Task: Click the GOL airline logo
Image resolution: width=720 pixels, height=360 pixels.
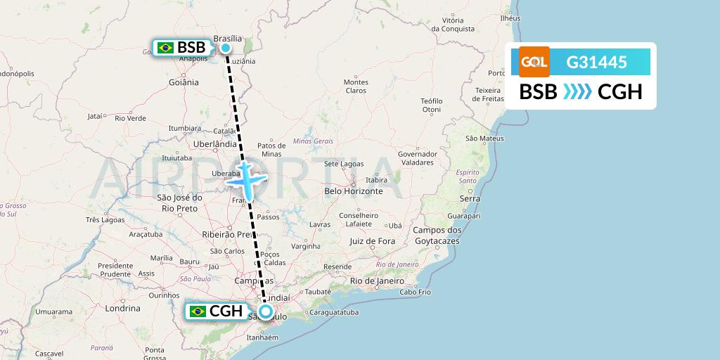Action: click(534, 62)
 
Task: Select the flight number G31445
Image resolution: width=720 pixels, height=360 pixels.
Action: click(596, 63)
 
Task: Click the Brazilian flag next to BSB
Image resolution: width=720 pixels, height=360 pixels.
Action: click(166, 48)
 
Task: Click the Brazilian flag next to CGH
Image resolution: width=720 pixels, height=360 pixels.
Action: click(198, 311)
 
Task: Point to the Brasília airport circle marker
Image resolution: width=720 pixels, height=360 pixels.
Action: click(226, 48)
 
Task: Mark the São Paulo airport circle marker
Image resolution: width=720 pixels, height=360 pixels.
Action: click(266, 311)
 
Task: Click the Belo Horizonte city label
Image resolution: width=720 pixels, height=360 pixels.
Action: click(353, 191)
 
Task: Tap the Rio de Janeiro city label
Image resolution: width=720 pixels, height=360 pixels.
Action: click(377, 281)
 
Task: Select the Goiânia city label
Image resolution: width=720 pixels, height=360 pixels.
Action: click(184, 82)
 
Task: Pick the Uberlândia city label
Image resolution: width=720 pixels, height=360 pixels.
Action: click(214, 143)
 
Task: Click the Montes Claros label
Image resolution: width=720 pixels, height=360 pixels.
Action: click(356, 86)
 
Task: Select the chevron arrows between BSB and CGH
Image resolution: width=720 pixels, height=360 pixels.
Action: click(577, 92)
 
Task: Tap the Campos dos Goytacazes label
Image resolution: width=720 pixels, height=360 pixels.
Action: click(437, 236)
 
